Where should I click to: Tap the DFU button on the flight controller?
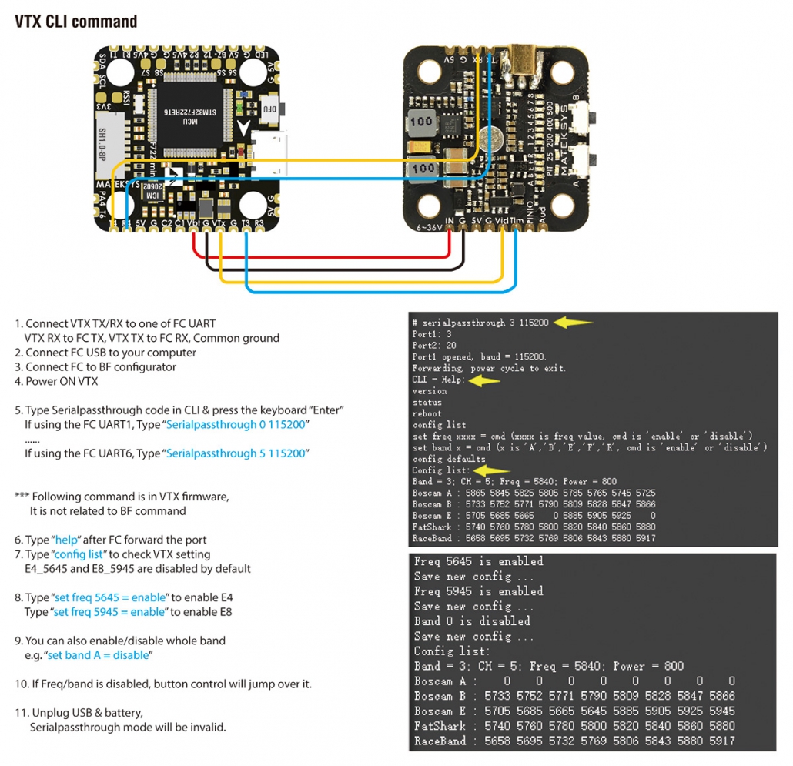pyautogui.click(x=269, y=109)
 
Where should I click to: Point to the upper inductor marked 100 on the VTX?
pyautogui.click(x=421, y=121)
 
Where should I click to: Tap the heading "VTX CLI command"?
pyautogui.click(x=76, y=22)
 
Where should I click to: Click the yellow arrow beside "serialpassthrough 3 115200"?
pyautogui.click(x=574, y=323)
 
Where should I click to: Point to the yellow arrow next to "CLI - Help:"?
pyautogui.click(x=484, y=380)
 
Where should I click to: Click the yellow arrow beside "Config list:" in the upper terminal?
pyautogui.click(x=493, y=470)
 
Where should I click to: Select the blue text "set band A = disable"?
pyautogui.click(x=98, y=655)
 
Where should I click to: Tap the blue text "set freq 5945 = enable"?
pyautogui.click(x=109, y=612)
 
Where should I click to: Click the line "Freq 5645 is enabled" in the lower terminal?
pyautogui.click(x=478, y=561)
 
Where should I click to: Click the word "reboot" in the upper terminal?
pyautogui.click(x=427, y=413)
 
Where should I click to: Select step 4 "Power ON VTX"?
pyautogui.click(x=62, y=381)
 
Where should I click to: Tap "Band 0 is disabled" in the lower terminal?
pyautogui.click(x=472, y=620)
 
